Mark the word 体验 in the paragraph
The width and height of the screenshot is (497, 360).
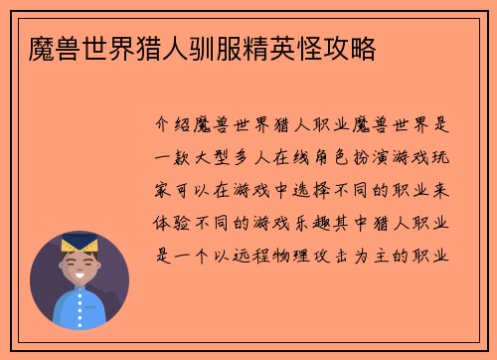pos(167,221)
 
